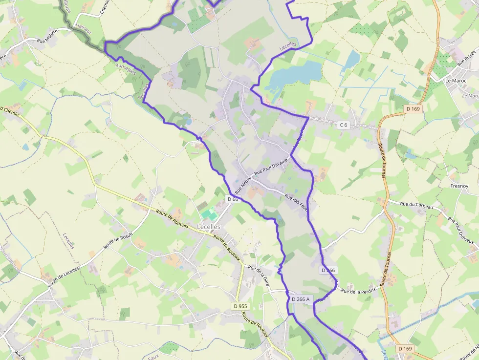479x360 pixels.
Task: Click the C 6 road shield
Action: (344, 125)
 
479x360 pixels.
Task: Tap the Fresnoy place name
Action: (459, 186)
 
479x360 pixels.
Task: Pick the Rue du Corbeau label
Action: (416, 206)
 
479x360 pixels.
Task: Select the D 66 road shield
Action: (233, 199)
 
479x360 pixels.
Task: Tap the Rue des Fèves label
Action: (296, 203)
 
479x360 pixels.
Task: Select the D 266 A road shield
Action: (301, 299)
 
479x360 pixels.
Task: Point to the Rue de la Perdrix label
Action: (359, 291)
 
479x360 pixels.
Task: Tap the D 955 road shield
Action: (240, 306)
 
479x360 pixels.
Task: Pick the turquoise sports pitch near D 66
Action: (209, 214)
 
